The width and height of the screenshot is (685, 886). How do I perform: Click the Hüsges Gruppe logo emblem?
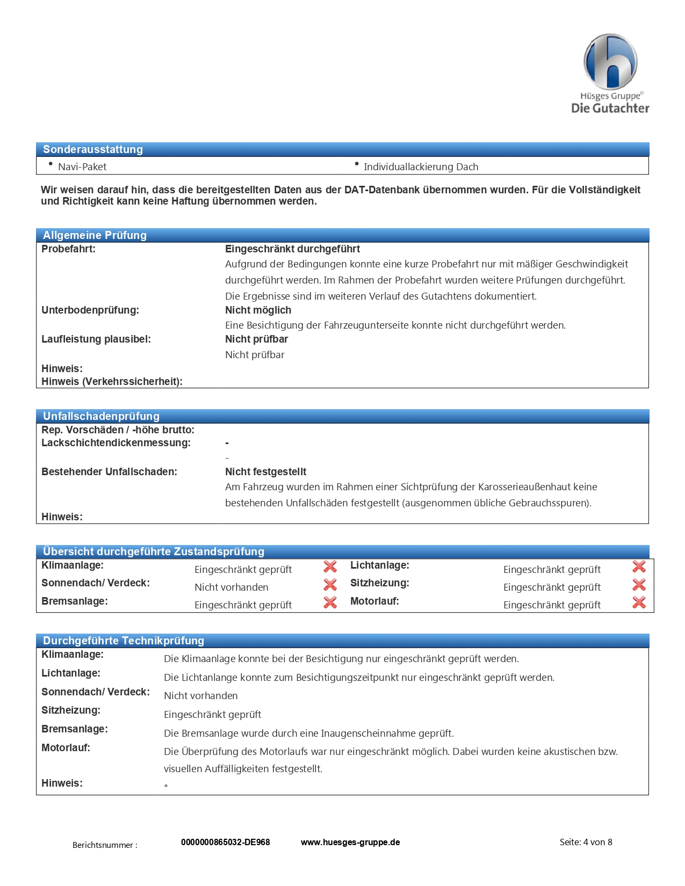[610, 62]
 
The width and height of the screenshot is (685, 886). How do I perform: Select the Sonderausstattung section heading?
[93, 149]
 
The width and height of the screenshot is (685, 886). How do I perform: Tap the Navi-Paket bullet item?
[82, 167]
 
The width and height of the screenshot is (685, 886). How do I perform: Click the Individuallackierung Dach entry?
[421, 167]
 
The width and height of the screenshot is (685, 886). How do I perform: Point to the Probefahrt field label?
[68, 249]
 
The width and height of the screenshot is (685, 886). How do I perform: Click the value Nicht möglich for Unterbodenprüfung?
[258, 310]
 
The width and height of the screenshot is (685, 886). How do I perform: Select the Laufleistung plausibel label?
[96, 339]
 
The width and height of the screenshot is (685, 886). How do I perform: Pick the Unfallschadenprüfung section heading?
[101, 416]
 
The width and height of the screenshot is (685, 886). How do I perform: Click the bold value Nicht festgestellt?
[265, 472]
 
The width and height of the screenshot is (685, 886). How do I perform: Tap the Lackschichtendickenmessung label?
[116, 443]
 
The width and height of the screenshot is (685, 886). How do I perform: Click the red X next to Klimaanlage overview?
[330, 567]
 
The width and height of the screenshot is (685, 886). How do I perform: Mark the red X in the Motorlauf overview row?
[639, 602]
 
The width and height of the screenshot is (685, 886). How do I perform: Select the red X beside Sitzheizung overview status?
[639, 584]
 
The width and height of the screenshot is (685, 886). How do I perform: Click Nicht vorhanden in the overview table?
[231, 587]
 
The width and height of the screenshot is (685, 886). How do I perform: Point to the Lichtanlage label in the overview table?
[379, 565]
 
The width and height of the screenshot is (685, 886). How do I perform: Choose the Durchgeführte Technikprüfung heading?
[124, 641]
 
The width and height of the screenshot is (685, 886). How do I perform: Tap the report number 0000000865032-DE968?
[225, 843]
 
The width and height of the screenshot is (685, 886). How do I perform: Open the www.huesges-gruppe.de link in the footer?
[350, 843]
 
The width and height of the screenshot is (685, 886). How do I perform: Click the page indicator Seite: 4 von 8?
[586, 843]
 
